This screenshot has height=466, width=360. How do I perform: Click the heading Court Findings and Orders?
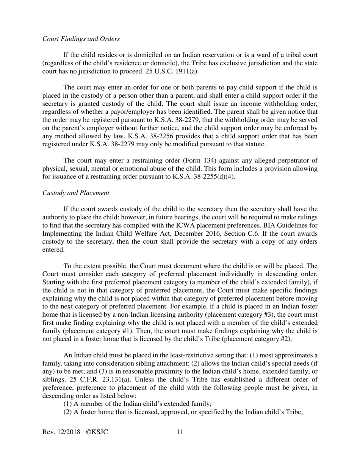click(x=81, y=39)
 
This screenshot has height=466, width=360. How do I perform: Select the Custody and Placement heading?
click(x=76, y=193)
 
